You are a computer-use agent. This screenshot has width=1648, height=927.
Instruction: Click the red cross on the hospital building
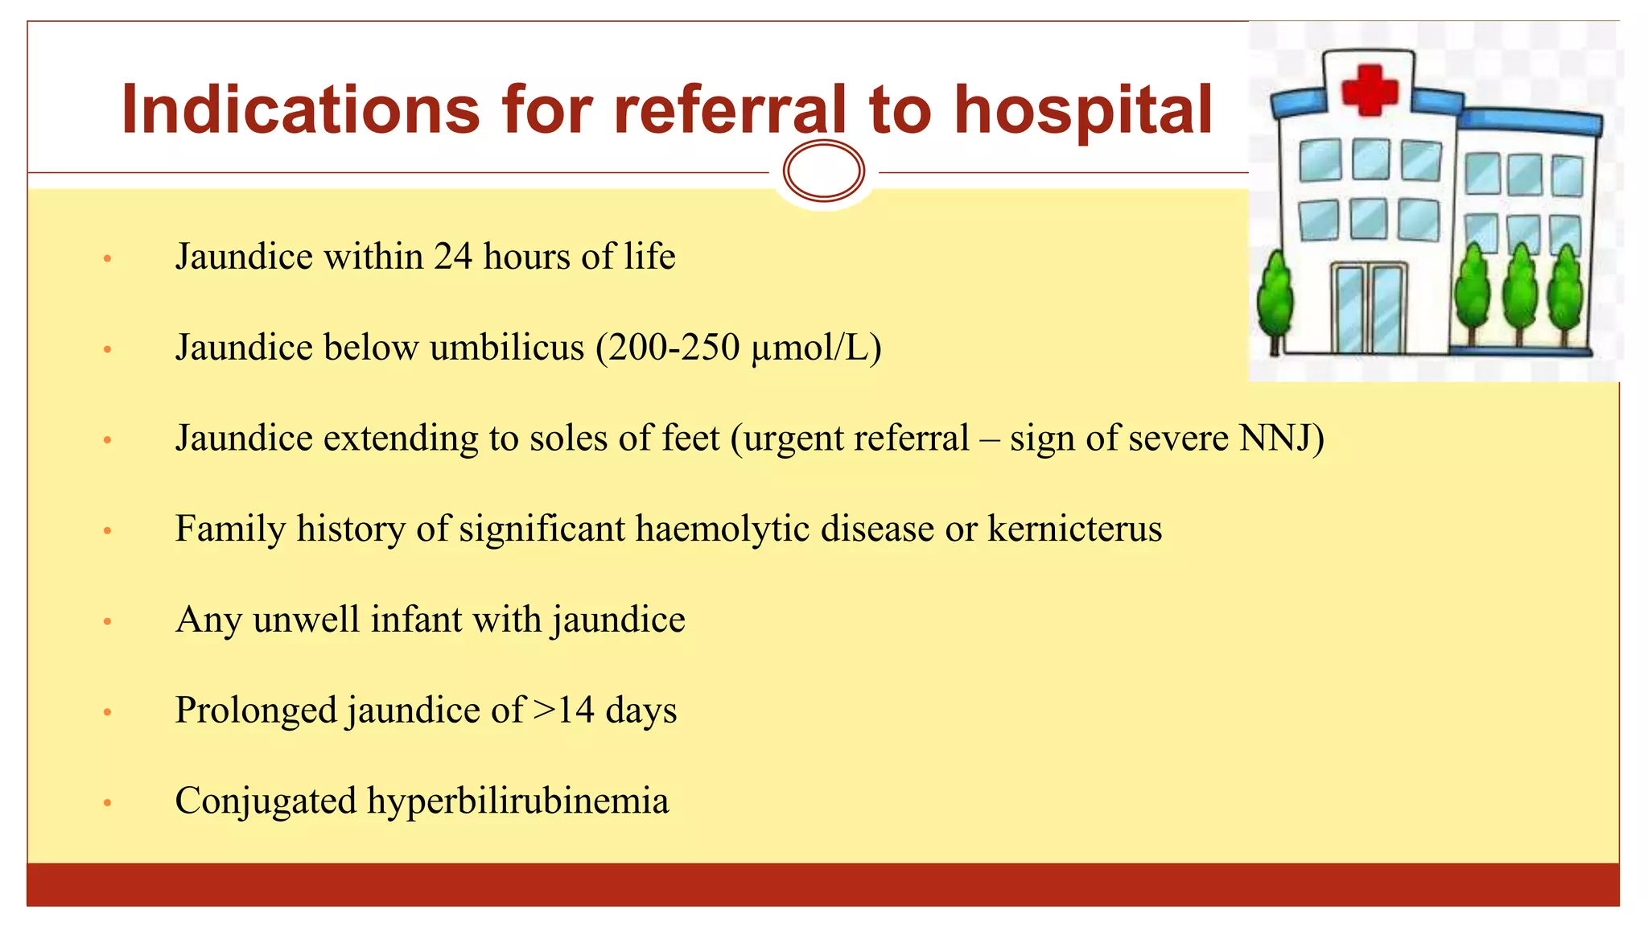(x=1370, y=89)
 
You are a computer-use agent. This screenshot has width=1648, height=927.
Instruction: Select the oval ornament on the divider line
(x=823, y=171)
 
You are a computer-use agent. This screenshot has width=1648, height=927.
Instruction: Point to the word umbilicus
(x=507, y=348)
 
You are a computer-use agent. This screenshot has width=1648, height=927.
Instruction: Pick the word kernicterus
(x=1074, y=529)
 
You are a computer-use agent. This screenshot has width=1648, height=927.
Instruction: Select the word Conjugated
(x=266, y=801)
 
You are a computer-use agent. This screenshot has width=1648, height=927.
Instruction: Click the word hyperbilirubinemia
(x=517, y=801)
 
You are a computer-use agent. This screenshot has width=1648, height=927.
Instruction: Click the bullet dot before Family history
(x=107, y=531)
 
